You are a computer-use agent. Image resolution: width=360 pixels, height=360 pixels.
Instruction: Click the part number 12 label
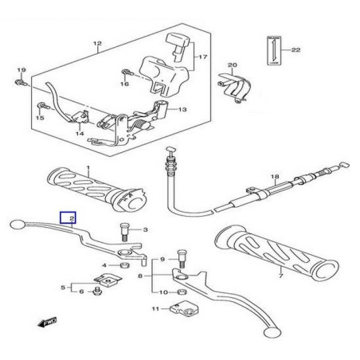click(x=98, y=44)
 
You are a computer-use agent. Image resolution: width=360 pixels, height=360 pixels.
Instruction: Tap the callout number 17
click(x=202, y=57)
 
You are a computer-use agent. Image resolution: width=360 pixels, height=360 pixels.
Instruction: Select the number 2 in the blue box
click(x=71, y=217)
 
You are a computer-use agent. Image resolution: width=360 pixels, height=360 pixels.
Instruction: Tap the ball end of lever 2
click(x=18, y=226)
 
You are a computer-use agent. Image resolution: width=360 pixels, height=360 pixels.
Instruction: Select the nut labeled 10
click(x=178, y=292)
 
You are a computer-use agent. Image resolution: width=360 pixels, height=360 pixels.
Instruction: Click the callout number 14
click(x=79, y=135)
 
